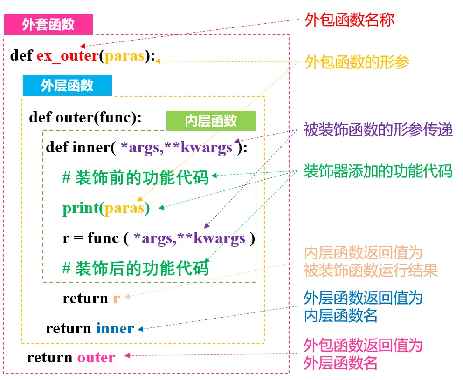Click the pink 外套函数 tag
click(48, 25)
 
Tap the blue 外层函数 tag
click(67, 86)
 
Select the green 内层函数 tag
click(211, 121)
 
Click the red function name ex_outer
click(67, 56)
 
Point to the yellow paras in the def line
click(124, 56)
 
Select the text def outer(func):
click(85, 117)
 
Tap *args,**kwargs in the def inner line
click(176, 148)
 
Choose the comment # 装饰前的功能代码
click(136, 177)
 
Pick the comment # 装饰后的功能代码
click(136, 268)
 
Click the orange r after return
click(117, 298)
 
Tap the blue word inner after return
click(115, 328)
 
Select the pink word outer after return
click(96, 358)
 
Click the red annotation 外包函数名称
click(349, 20)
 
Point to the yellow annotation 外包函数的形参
click(357, 62)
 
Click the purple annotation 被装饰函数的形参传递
click(378, 130)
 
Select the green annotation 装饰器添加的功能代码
click(378, 171)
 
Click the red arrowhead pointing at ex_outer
click(83, 46)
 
